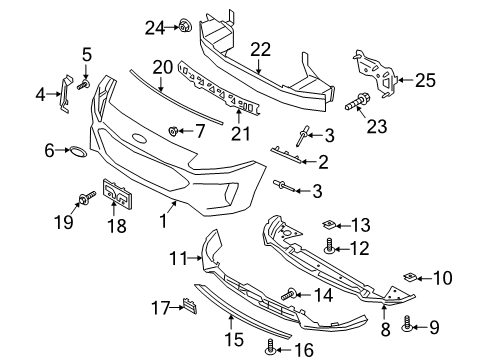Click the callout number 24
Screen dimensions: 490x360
[x=155, y=28]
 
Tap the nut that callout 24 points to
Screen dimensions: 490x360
[x=184, y=25]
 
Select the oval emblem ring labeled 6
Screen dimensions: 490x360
[x=78, y=151]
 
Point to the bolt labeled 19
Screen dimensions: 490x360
[x=87, y=197]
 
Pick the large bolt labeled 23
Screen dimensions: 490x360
[x=356, y=102]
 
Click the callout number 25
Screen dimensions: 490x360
[x=425, y=80]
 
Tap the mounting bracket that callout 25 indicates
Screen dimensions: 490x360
[x=375, y=73]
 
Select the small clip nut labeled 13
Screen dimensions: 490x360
[x=328, y=225]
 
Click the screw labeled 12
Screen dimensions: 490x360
[x=329, y=246]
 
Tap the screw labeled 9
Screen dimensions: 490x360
[x=406, y=323]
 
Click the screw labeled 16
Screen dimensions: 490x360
[x=271, y=347]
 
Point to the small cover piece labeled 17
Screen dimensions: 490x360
[x=189, y=305]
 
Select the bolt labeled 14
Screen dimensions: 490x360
[x=289, y=294]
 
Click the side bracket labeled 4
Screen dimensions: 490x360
[x=66, y=94]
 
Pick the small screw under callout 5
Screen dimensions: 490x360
[x=84, y=85]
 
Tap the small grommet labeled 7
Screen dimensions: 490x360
[x=173, y=131]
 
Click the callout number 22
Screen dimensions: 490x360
[x=260, y=49]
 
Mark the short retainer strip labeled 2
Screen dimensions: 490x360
[x=286, y=154]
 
